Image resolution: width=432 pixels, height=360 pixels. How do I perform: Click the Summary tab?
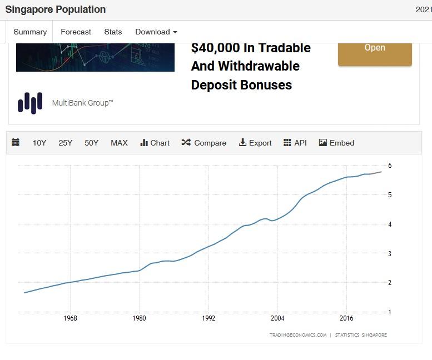(30, 32)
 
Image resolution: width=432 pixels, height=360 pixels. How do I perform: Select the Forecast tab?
(76, 32)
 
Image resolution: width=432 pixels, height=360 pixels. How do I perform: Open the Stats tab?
(113, 32)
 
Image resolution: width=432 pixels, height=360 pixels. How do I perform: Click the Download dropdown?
(156, 32)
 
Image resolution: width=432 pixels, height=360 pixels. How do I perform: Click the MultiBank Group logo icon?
(30, 103)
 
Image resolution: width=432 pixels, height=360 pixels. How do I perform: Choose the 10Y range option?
(39, 143)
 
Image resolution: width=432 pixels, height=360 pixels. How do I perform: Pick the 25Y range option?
(66, 143)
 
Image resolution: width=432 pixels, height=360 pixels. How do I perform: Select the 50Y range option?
(92, 143)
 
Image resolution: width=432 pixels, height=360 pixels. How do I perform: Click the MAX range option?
(119, 143)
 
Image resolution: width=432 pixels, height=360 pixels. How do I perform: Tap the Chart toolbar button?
(155, 143)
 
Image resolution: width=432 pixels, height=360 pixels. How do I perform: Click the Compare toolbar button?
(204, 143)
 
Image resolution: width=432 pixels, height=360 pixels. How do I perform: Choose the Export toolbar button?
(255, 143)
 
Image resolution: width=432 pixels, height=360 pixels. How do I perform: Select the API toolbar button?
(295, 143)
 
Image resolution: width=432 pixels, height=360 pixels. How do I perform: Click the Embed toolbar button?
(336, 143)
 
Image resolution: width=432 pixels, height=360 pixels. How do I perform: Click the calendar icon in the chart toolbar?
(16, 143)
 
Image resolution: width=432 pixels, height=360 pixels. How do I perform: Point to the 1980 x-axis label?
(139, 318)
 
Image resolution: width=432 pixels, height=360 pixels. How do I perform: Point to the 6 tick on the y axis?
(390, 166)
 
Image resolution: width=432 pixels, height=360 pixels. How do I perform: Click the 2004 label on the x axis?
(277, 318)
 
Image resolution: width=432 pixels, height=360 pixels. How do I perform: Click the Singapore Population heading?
(55, 9)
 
